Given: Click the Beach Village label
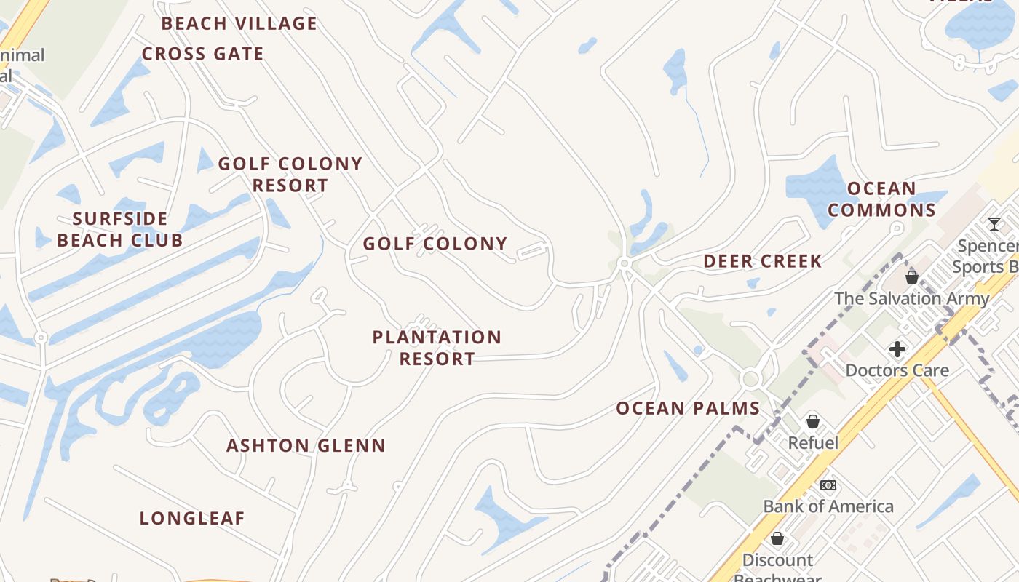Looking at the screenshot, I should pos(239,23).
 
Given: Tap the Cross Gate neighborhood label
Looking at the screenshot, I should pos(202,54).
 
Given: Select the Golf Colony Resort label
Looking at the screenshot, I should pos(290,175).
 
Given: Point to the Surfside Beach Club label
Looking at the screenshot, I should pos(120,229).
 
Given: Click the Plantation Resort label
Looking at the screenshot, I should pos(437,348).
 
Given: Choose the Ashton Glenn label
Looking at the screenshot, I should pos(306,445).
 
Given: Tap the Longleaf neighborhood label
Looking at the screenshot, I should pos(192,518).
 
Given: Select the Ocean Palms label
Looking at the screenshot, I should pos(688,408).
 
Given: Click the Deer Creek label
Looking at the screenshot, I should pos(762,261).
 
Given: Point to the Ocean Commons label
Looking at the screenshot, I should pos(881,199).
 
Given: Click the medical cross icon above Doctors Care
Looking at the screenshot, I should pos(897,349).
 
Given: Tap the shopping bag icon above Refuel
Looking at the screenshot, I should pos(813,421).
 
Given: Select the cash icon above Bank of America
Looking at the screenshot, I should pos(828,485).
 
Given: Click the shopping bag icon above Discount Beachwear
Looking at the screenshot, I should pos(777,538).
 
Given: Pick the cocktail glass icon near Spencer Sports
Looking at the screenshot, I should pos(994,223).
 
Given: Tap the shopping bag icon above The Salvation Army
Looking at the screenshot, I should pos(911,276).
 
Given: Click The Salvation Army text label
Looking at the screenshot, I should pos(911,298).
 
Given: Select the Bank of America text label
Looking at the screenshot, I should pos(828,506).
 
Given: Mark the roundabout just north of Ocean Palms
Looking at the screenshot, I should pos(750,379).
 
